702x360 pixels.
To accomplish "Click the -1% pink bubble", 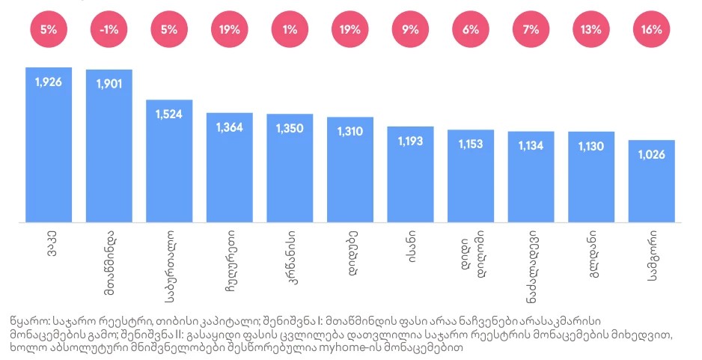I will pos(109,31).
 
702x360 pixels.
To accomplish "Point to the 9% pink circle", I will pos(410,31).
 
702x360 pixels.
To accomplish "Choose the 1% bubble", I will pos(290,31).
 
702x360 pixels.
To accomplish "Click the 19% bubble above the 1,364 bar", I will pos(229,31).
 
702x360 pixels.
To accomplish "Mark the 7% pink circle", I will pos(531,31).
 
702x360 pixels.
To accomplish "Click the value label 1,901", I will pos(109,82).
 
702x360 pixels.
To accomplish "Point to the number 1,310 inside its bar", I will pos(350,130).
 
